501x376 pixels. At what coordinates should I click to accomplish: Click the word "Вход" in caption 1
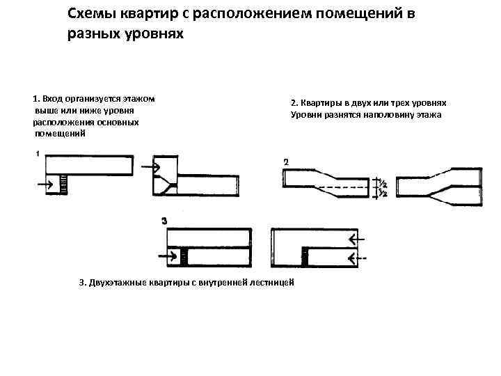pyautogui.click(x=56, y=99)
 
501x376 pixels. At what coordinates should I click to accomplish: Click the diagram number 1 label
pyautogui.click(x=36, y=153)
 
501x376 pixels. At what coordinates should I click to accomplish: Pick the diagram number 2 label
pyautogui.click(x=285, y=162)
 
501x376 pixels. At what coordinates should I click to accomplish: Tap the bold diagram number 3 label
pyautogui.click(x=164, y=220)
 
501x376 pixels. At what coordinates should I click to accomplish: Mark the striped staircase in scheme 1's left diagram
pyautogui.click(x=64, y=185)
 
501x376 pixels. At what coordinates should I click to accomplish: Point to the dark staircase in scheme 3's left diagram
pyautogui.click(x=184, y=257)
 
